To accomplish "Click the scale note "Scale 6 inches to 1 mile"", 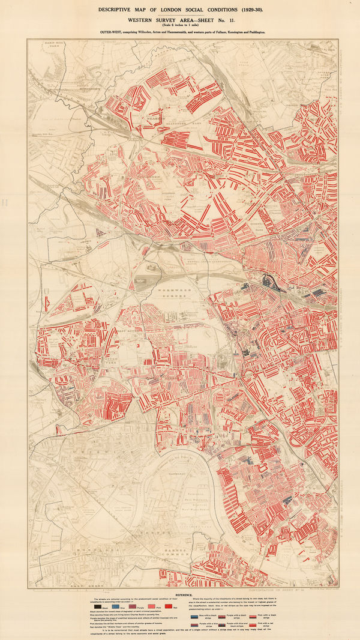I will pos(180,25).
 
